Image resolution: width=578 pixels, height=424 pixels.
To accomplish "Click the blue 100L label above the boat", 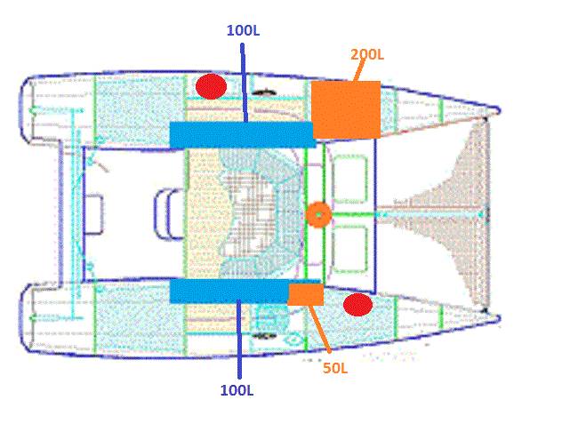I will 243,29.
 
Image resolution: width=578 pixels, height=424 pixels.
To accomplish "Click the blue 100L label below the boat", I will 238,389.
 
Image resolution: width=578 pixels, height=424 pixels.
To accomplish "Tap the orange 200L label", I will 366,55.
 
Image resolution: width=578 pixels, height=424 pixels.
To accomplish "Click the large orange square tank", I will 346,109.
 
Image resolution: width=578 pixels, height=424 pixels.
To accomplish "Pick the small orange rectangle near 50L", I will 305,294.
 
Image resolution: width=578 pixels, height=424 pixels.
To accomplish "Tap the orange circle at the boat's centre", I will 317,214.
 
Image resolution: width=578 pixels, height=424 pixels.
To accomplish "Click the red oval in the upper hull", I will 211,86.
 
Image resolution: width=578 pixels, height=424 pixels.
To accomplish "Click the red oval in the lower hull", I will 357,305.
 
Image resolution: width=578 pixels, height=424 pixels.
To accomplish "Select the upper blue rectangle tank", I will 241,135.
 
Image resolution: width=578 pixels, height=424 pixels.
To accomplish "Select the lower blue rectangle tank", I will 229,291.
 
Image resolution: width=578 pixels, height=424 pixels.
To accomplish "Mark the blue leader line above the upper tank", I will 244,80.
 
